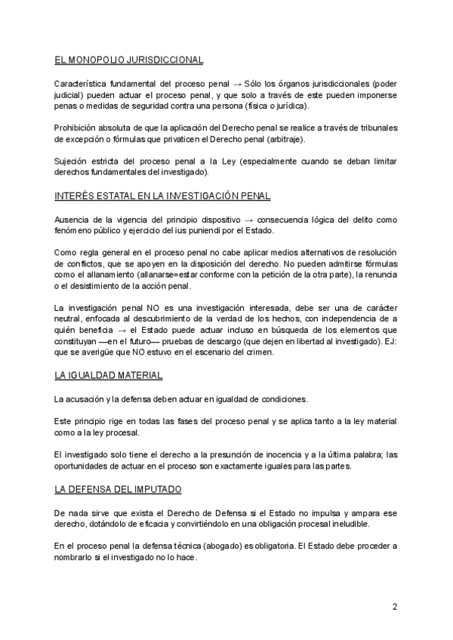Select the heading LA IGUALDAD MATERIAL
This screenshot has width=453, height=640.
pyautogui.click(x=108, y=375)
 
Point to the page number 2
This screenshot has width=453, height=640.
pyautogui.click(x=394, y=607)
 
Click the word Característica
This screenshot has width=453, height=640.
pyautogui.click(x=85, y=82)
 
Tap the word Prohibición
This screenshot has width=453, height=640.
pyautogui.click(x=78, y=128)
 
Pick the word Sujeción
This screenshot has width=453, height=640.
pyautogui.click(x=72, y=162)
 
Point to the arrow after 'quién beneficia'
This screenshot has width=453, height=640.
pyautogui.click(x=132, y=330)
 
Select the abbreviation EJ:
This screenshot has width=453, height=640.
pyautogui.click(x=391, y=341)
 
